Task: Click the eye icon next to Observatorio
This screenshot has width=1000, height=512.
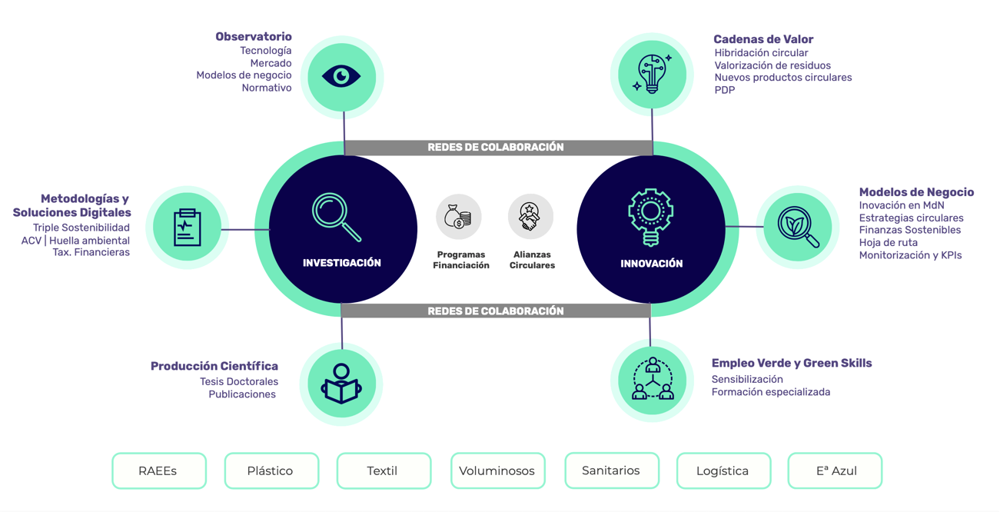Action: tap(341, 76)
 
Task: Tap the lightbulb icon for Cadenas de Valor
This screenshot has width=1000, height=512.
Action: tap(652, 74)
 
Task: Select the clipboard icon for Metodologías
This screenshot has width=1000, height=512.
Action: tap(187, 228)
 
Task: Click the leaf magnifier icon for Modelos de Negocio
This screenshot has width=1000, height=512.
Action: tap(798, 227)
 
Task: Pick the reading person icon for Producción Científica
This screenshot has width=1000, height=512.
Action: tap(341, 384)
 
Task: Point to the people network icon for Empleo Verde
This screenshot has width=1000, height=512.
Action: tap(652, 379)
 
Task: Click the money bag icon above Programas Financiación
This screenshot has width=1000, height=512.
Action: tap(459, 217)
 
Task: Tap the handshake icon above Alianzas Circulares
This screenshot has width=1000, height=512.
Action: tap(530, 217)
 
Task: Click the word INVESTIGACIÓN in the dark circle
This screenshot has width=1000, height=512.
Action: tap(342, 263)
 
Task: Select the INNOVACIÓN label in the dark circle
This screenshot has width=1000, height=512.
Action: tap(651, 264)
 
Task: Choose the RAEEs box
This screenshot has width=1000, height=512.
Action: tap(159, 470)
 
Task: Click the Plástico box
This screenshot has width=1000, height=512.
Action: tap(271, 470)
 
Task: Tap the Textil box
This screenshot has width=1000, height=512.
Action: tap(384, 470)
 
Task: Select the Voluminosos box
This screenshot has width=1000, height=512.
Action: tap(497, 470)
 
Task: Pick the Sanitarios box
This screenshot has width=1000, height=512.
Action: tap(611, 470)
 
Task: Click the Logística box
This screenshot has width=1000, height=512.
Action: tap(723, 470)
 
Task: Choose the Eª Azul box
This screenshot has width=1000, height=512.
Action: tap(835, 470)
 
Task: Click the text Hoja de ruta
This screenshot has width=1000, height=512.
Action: tap(888, 243)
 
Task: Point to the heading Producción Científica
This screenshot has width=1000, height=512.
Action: tap(214, 366)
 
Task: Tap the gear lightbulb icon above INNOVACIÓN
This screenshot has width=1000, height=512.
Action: tap(650, 216)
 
